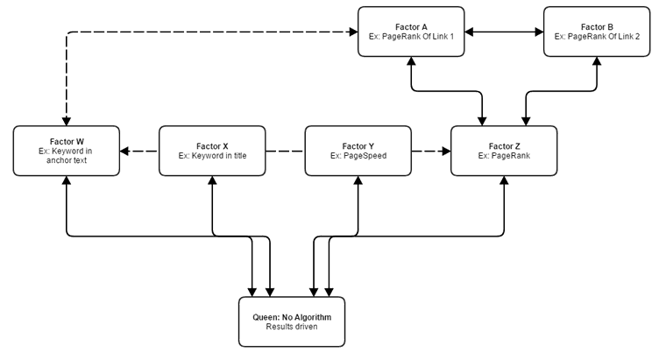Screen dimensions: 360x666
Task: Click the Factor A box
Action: pyautogui.click(x=411, y=32)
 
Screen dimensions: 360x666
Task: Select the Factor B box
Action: pyautogui.click(x=597, y=32)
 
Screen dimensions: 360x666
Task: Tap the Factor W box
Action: pyautogui.click(x=67, y=151)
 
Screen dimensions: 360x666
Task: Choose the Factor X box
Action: pyautogui.click(x=212, y=151)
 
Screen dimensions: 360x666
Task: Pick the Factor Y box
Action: pyautogui.click(x=358, y=151)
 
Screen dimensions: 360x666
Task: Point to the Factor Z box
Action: pyautogui.click(x=504, y=151)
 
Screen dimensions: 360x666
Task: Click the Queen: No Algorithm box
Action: pyautogui.click(x=292, y=321)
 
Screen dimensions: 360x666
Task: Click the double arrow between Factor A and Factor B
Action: pyautogui.click(x=504, y=32)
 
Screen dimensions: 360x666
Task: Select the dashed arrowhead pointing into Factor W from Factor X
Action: pyautogui.click(x=125, y=152)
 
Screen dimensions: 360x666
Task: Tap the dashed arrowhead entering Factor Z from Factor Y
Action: pyautogui.click(x=445, y=152)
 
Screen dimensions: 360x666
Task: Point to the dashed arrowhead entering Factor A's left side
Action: pyautogui.click(x=352, y=32)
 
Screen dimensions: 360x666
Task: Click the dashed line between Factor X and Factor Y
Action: pyautogui.click(x=285, y=152)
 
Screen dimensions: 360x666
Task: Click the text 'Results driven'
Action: pyautogui.click(x=292, y=327)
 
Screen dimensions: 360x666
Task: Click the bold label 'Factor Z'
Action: pyautogui.click(x=504, y=145)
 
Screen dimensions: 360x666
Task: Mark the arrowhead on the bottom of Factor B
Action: pyautogui.click(x=597, y=62)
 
